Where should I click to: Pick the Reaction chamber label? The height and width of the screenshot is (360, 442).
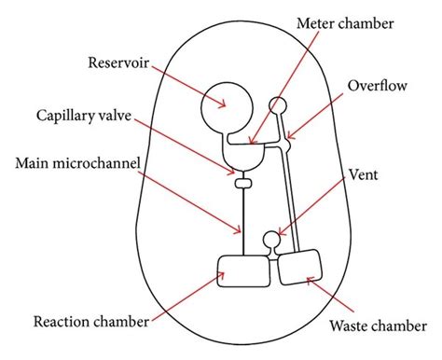90,323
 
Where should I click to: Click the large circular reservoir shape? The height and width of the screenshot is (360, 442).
224,107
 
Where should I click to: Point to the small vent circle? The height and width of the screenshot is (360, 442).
272,242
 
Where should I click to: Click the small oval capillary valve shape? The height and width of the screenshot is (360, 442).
244,184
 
